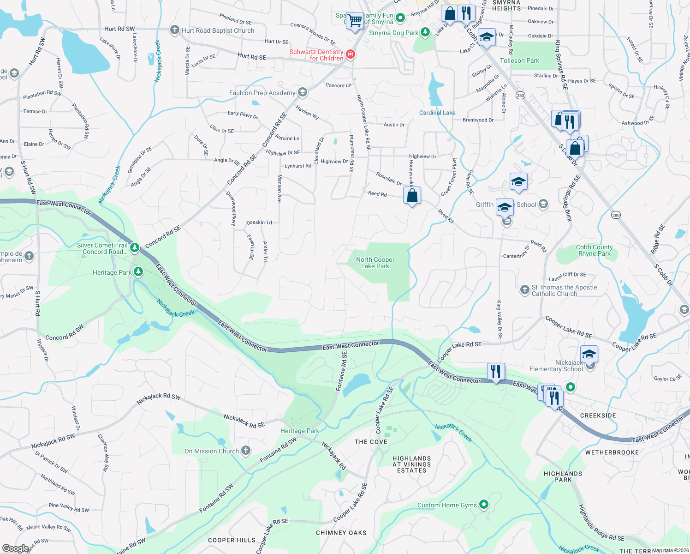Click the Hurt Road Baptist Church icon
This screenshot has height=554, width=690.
click(174, 30)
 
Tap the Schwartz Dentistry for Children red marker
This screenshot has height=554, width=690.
click(351, 55)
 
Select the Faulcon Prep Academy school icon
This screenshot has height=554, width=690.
click(302, 93)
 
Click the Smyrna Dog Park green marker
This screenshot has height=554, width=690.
click(425, 32)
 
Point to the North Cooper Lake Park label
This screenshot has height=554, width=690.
click(375, 263)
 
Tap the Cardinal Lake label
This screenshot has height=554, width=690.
click(437, 113)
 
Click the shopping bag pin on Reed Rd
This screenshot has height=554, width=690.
click(412, 195)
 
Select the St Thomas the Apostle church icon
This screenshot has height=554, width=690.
click(524, 290)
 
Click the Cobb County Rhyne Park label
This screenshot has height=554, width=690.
click(594, 250)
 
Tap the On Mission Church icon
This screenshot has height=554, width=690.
click(246, 451)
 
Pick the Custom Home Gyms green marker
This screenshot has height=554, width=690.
click(483, 505)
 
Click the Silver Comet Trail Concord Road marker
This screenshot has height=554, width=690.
click(135, 248)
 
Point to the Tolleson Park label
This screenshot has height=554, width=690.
click(519, 60)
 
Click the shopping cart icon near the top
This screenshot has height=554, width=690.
click(354, 20)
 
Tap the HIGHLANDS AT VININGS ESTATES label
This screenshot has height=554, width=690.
click(411, 464)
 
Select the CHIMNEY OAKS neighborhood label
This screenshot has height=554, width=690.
click(341, 533)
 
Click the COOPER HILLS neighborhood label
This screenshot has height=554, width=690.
click(232, 540)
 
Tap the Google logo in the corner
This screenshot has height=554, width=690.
click(15, 548)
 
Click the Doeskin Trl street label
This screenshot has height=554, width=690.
click(259, 223)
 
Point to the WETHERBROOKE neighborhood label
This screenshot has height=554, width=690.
click(612, 452)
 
